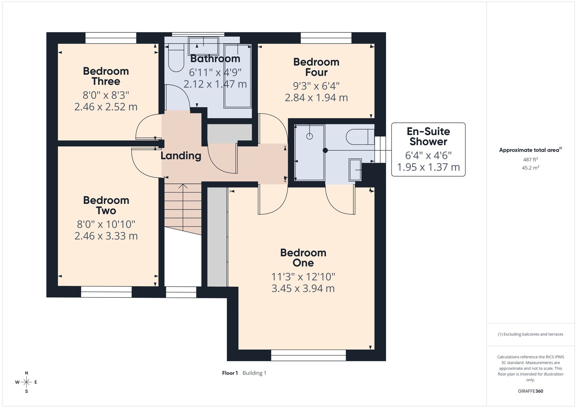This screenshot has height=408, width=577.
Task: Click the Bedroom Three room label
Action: tap(106, 76)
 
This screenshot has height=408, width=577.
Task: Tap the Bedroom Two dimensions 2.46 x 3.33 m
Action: tap(106, 236)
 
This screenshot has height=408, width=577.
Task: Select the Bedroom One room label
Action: tap(303, 258)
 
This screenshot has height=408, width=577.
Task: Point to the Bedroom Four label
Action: tap(316, 67)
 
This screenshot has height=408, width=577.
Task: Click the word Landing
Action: tap(181, 156)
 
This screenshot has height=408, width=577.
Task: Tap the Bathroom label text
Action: tap(215, 59)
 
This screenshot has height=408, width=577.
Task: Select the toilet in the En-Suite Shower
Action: tap(360, 137)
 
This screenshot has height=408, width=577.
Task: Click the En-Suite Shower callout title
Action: tap(428, 136)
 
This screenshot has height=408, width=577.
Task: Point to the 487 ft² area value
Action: tap(531, 159)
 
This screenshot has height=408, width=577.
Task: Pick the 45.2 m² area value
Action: tap(531, 168)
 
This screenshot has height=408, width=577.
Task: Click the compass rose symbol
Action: tap(27, 382)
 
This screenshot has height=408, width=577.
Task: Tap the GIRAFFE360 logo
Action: tap(531, 391)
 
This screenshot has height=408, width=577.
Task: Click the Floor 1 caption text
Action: tap(230, 373)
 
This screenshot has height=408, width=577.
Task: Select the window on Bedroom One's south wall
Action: tap(308, 355)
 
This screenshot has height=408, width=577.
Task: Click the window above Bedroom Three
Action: tap(111, 38)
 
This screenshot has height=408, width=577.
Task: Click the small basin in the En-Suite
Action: tap(355, 170)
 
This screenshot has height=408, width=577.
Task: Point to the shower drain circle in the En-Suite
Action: tap(310, 136)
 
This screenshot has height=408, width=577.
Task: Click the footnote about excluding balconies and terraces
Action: tap(531, 334)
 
